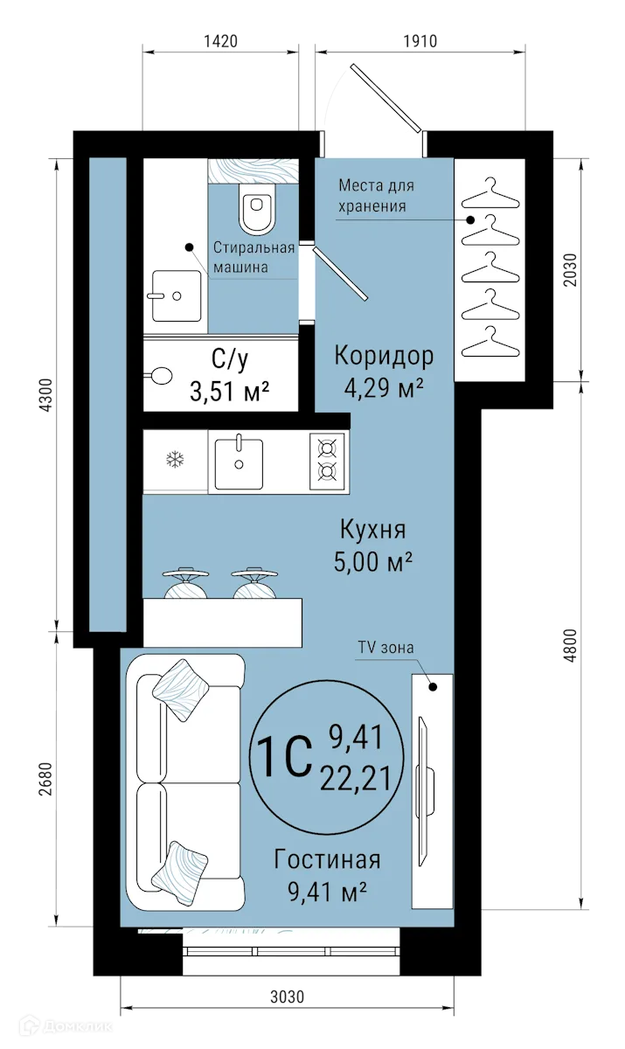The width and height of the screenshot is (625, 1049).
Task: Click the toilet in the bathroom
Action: click(256, 211)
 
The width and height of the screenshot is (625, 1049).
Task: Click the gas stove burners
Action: click(328, 460)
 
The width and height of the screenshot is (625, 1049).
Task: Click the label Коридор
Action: click(385, 356)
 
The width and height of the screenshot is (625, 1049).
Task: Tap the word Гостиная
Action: click(327, 860)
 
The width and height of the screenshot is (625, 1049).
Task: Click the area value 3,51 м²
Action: click(229, 392)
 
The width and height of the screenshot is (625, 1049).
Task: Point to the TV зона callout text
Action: click(385, 647)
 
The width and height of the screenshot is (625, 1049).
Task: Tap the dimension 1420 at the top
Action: click(219, 40)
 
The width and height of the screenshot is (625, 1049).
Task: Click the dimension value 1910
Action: click(420, 40)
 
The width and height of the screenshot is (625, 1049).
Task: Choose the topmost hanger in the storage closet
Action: click(489, 190)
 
